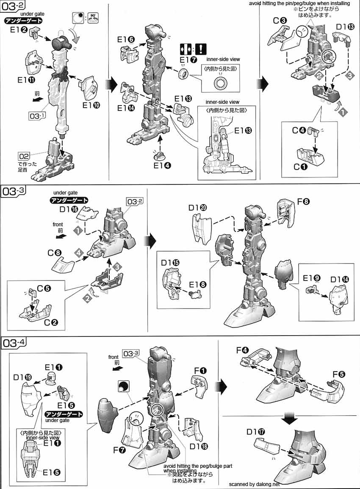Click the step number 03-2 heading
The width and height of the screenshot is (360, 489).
tap(13, 7)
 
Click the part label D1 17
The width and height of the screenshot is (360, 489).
tap(256, 432)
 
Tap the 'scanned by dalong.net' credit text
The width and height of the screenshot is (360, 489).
tap(255, 483)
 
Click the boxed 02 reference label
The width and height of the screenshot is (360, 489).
tap(24, 155)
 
